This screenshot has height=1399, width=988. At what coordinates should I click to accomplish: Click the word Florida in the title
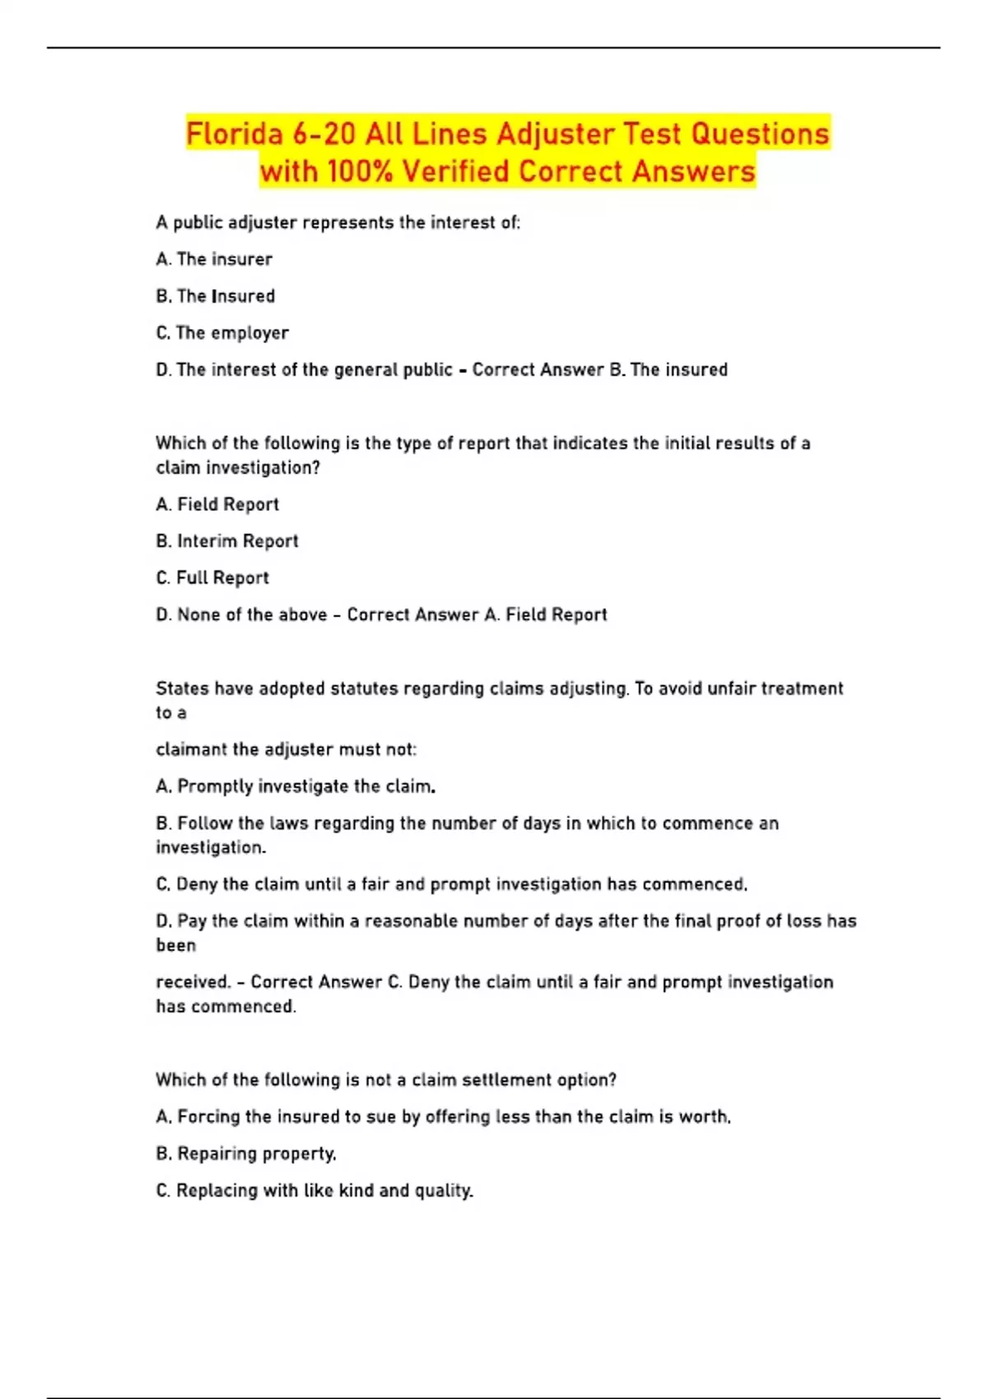[x=234, y=134]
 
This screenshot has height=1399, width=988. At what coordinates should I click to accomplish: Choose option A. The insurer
[x=214, y=259]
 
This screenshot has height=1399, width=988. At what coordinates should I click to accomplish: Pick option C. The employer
[x=222, y=332]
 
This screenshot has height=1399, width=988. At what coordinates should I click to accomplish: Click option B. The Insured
[x=216, y=296]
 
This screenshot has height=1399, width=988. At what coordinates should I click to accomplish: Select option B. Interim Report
[x=227, y=541]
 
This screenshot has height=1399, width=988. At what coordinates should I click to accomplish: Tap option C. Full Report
[x=212, y=578]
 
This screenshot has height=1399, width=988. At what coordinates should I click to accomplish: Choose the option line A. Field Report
[x=217, y=504]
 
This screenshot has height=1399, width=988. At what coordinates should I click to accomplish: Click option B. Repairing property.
[x=246, y=1154]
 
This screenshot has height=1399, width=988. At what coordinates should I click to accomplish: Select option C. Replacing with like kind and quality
[x=315, y=1191]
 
